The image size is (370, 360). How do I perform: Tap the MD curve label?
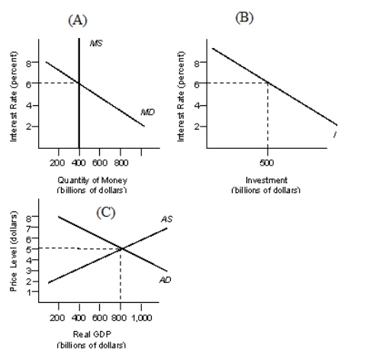[x=147, y=111]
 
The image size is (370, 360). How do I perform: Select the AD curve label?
[x=165, y=280]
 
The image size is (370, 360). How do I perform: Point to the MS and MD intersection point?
[x=79, y=84]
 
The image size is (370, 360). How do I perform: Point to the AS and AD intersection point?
[x=121, y=248]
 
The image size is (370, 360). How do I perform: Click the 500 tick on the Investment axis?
[x=267, y=162]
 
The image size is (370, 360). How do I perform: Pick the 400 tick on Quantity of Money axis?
[x=79, y=162]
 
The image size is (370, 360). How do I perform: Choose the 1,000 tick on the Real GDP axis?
[x=142, y=315]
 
